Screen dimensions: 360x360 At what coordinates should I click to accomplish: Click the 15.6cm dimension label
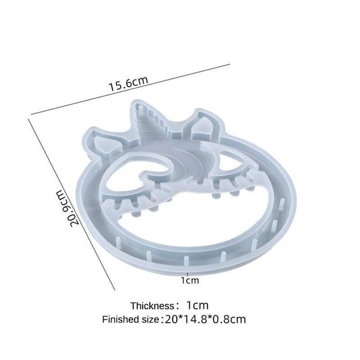[128, 84]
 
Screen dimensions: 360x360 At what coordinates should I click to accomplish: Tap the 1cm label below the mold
[190, 280]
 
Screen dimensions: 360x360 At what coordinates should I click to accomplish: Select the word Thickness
[153, 306]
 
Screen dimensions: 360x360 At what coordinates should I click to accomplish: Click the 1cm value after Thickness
[197, 305]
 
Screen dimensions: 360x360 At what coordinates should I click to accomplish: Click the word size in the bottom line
[151, 320]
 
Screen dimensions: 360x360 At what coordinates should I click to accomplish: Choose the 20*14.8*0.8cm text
[205, 319]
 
